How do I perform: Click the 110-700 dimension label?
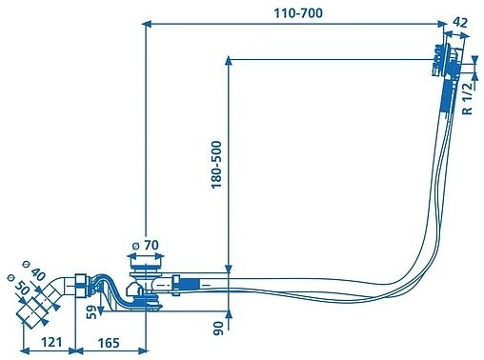[x=298, y=13]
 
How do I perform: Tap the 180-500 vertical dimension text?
[x=216, y=165]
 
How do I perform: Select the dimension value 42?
[x=460, y=23]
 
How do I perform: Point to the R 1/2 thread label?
[x=467, y=99]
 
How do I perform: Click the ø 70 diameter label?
[x=146, y=245]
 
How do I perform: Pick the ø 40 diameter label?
[x=34, y=270]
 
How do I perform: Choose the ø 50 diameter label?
[x=19, y=285]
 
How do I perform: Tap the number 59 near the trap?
[x=91, y=312]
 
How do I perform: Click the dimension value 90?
[x=218, y=329]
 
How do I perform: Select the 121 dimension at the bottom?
[x=51, y=342]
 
